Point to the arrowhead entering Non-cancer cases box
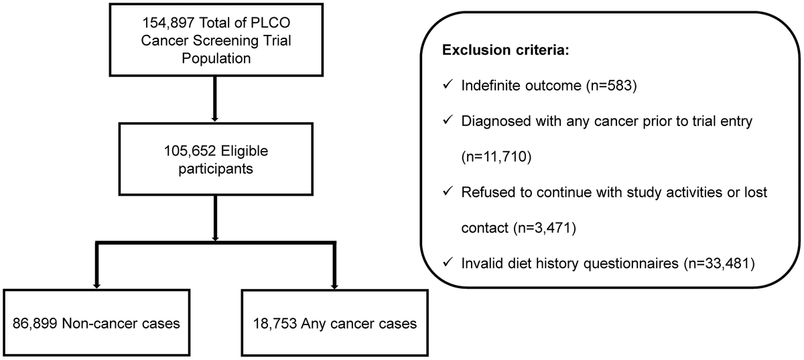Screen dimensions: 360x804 pos(96,284)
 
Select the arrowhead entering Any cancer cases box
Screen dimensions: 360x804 pos(332,284)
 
